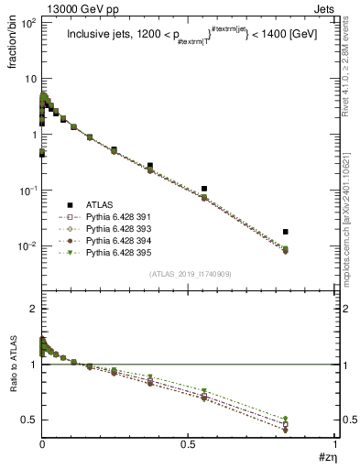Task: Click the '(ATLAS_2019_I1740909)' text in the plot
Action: point(189,275)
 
